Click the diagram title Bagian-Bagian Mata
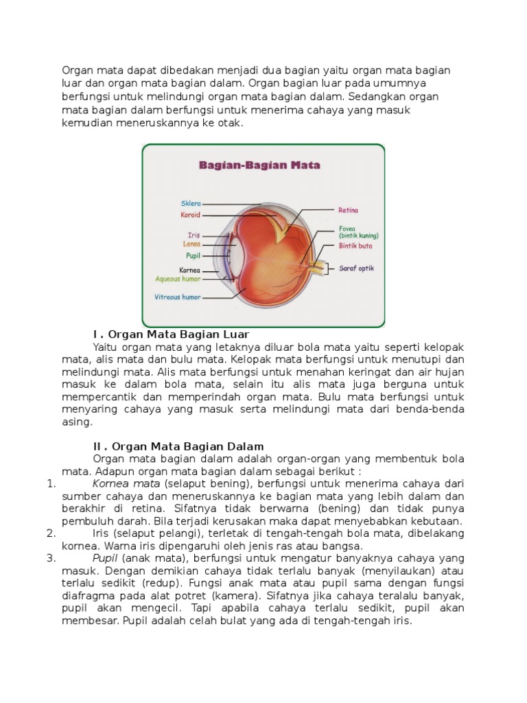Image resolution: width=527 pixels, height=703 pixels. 260,165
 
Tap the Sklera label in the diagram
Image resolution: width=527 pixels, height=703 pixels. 191,203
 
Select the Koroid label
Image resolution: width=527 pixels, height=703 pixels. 190,215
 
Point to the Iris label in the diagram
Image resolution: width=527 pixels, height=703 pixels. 194,235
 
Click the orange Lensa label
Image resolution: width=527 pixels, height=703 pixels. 191,244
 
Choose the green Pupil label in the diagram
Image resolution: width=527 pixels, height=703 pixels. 192,255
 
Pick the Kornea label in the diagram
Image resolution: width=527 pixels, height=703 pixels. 189,270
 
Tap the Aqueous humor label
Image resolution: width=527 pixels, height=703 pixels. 178,279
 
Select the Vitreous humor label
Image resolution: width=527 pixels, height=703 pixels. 177,297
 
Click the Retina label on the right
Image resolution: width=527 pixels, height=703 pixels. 349,210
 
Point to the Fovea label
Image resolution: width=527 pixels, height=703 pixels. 347,229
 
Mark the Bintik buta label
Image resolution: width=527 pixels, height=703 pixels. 356,245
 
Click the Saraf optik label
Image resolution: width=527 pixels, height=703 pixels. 357,268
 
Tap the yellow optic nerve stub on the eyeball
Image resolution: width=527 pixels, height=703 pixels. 320,267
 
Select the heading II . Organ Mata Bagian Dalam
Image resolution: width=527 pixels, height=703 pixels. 178,446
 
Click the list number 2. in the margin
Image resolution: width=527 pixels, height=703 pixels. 51,533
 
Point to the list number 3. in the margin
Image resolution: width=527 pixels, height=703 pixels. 51,558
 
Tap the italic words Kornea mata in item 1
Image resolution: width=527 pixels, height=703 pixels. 126,483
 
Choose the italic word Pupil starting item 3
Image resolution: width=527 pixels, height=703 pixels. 106,558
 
